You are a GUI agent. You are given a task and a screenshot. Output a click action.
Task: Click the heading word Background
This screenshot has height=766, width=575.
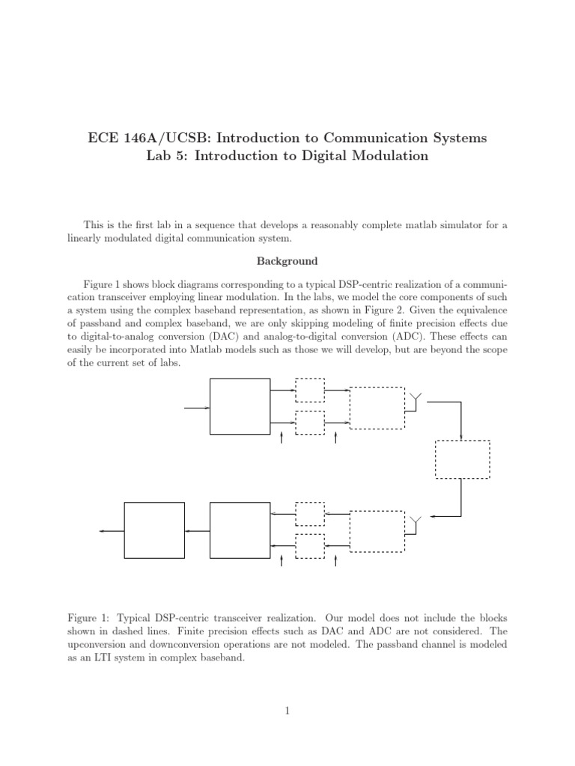(x=287, y=262)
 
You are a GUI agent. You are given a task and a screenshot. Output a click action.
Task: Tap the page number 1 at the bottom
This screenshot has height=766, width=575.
(x=287, y=711)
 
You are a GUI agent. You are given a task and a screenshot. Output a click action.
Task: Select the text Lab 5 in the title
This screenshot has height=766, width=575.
(x=166, y=156)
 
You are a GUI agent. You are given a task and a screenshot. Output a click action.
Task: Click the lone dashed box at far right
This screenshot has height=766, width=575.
(x=463, y=459)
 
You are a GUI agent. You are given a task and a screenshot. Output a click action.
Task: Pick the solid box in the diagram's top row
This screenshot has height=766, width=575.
(x=240, y=406)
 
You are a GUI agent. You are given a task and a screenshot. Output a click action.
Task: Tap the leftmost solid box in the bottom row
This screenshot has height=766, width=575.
(x=153, y=530)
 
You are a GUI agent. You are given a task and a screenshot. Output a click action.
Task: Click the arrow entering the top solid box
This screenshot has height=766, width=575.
(x=198, y=408)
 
